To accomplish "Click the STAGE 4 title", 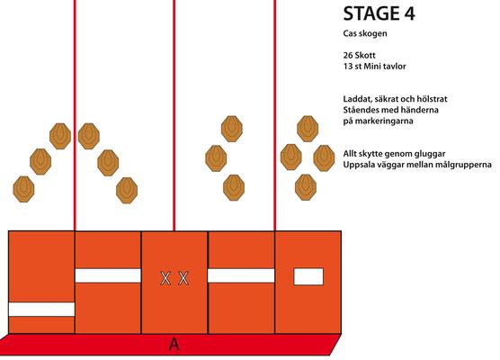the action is (x=379, y=13).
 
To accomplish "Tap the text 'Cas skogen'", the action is (x=365, y=33).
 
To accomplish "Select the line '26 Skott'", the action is (x=359, y=55).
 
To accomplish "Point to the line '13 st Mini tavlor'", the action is (x=374, y=67).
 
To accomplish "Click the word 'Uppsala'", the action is (x=358, y=165).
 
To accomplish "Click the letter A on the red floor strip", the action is (x=174, y=345).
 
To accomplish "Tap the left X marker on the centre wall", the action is (x=165, y=278).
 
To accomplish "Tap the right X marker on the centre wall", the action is (x=183, y=278).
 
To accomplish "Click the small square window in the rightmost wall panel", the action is (x=308, y=276).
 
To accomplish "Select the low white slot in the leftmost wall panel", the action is (x=41, y=310).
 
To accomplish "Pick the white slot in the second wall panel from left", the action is (x=108, y=275).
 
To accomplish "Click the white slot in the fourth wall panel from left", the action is (x=241, y=275).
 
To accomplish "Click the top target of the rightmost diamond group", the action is (x=308, y=129).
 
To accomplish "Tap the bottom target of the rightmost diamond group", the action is (x=306, y=187).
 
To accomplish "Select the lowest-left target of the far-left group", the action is (x=23, y=189).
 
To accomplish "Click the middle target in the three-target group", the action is (x=216, y=158).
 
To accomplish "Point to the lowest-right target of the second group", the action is (x=127, y=190).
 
